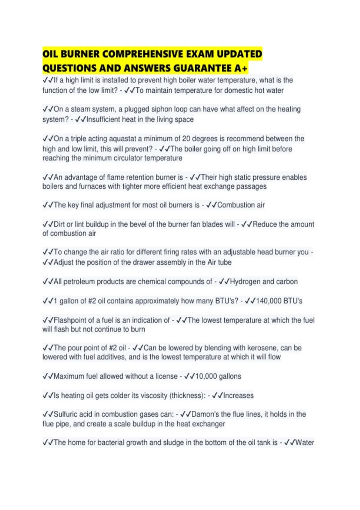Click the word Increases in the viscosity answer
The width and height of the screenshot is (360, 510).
point(238,395)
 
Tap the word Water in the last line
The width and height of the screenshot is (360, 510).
point(305,442)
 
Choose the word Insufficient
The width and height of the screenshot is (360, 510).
point(103,119)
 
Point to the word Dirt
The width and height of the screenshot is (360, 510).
point(59,224)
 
